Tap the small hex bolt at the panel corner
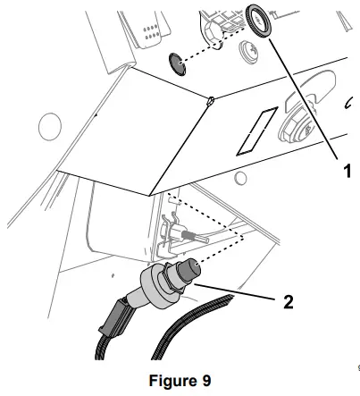click(x=207, y=101)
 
